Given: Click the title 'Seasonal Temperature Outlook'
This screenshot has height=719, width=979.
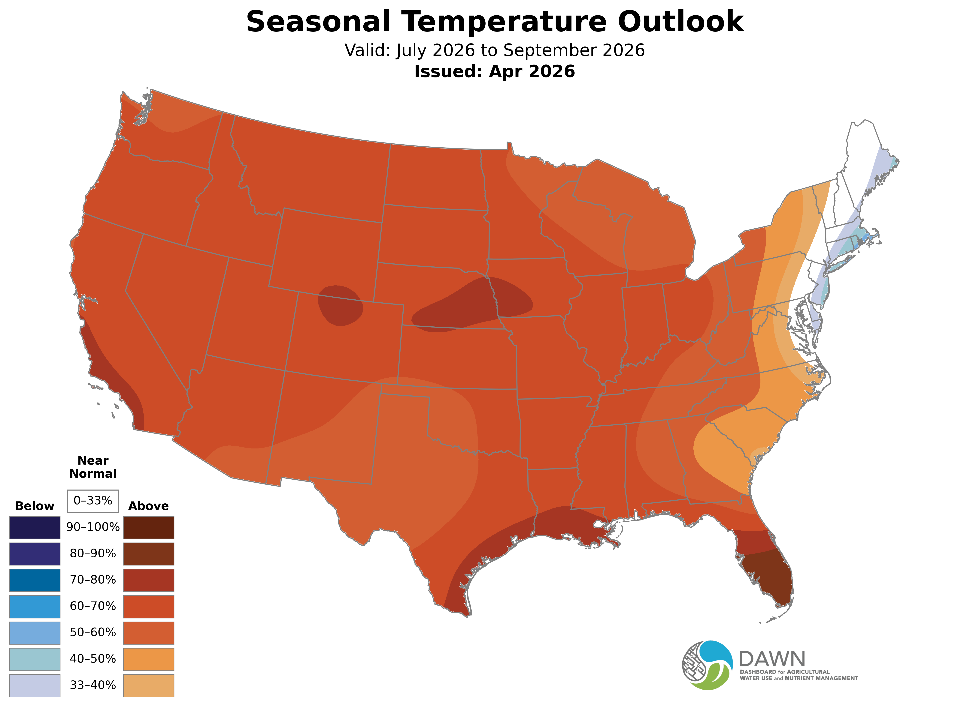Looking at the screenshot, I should [x=495, y=22].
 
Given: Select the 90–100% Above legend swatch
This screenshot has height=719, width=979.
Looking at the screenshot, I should [x=149, y=528].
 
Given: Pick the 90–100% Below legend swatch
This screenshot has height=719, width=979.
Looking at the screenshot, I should [x=35, y=528].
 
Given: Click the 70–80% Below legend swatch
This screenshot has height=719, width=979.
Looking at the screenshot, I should [x=35, y=580].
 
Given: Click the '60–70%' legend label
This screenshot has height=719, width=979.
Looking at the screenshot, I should [x=93, y=606].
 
